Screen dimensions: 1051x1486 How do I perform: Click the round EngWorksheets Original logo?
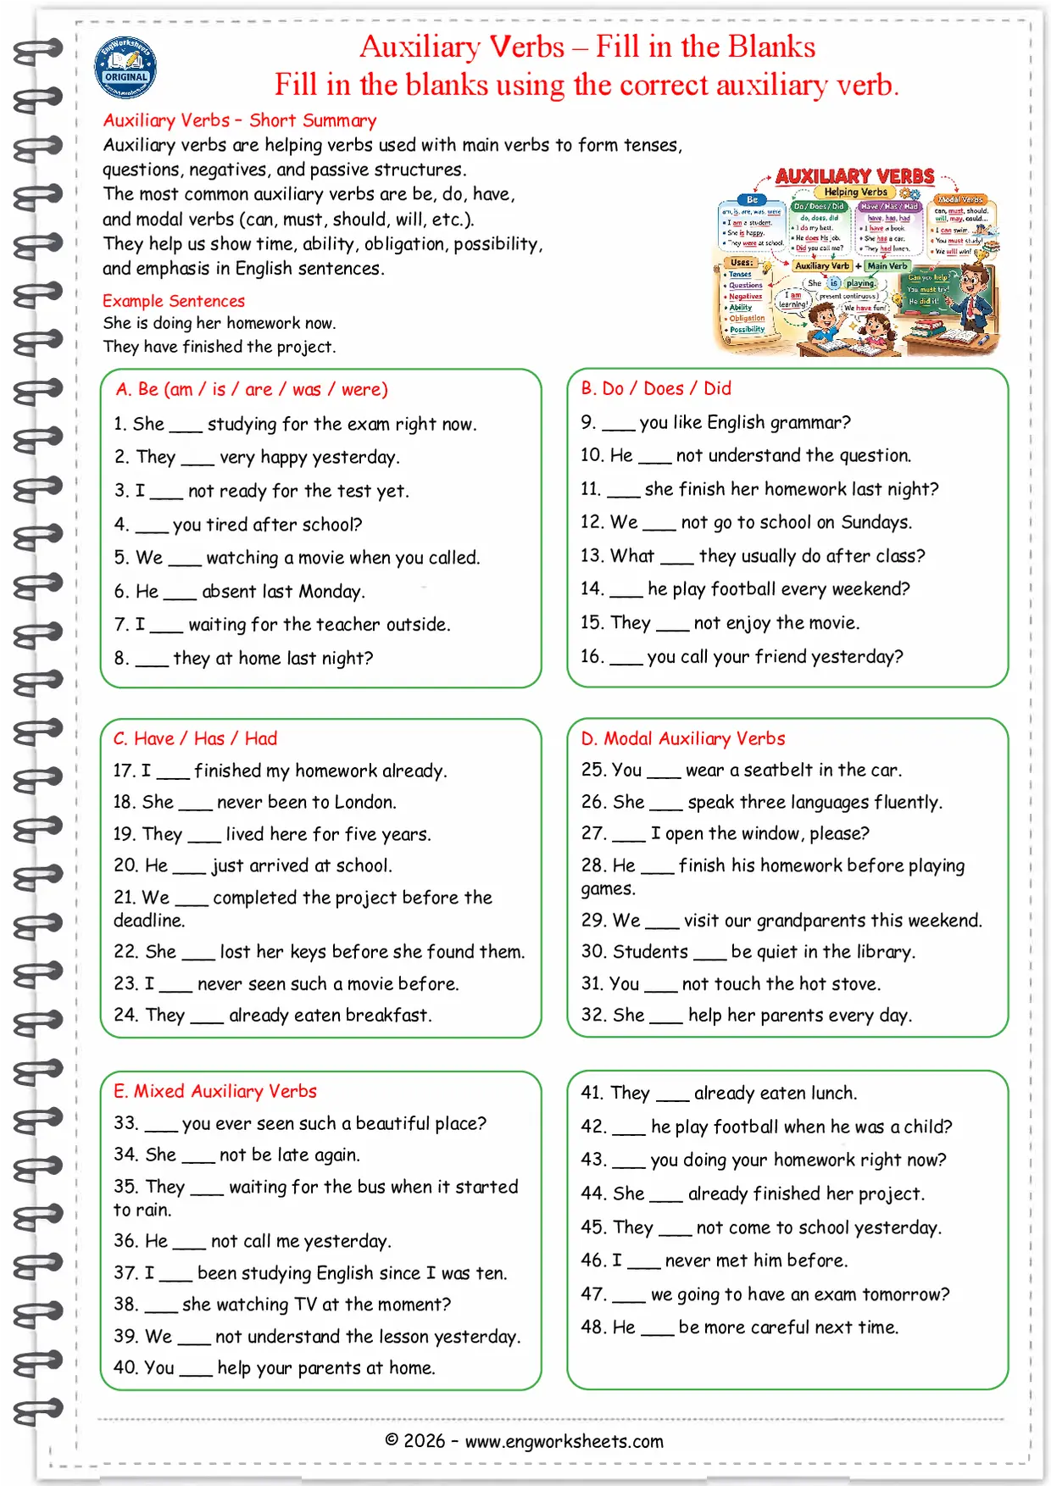point(125,68)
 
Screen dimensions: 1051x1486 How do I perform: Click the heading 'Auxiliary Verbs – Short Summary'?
point(240,120)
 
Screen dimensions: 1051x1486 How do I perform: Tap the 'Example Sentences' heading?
point(174,301)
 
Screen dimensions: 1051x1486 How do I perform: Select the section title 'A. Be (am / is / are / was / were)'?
point(252,389)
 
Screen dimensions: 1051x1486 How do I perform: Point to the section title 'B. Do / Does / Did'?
point(656,388)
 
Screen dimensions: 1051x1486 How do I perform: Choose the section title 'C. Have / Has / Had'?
point(195,738)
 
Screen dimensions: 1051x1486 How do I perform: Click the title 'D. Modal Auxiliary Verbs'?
point(683,738)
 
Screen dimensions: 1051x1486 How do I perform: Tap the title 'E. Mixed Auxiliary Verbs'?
point(215,1091)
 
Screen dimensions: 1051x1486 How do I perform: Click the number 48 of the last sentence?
point(592,1327)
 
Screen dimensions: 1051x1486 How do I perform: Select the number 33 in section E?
point(125,1123)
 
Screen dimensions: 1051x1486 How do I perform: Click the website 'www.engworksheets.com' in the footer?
point(564,1441)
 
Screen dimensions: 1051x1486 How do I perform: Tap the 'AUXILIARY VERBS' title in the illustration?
point(854,176)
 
